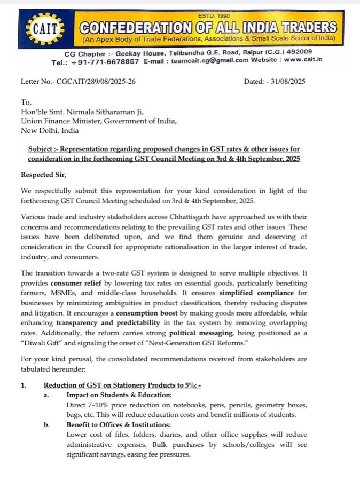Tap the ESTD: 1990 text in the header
click(213, 16)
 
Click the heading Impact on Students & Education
click(119, 395)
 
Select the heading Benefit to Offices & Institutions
click(119, 424)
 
